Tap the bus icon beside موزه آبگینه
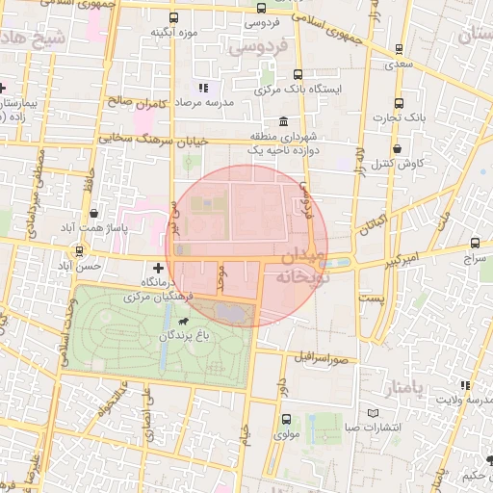pyautogui.click(x=173, y=17)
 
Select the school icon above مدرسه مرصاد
pyautogui.click(x=203, y=88)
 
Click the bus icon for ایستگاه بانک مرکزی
pyautogui.click(x=298, y=74)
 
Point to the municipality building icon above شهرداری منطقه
pyautogui.click(x=282, y=121)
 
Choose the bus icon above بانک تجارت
pyautogui.click(x=399, y=102)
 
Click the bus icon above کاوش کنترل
pyautogui.click(x=396, y=148)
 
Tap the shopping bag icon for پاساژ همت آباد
pyautogui.click(x=93, y=213)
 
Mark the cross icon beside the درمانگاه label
pyautogui.click(x=158, y=266)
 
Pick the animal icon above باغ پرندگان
pyautogui.click(x=182, y=320)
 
